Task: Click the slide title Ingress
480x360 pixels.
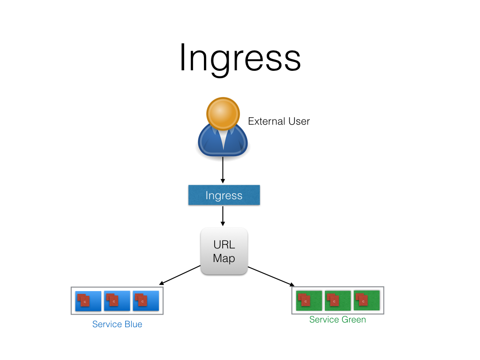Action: pyautogui.click(x=240, y=57)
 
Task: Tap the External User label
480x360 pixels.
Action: pyautogui.click(x=278, y=121)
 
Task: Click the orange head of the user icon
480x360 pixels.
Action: pyautogui.click(x=223, y=114)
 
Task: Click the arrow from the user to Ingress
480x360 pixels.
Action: pyautogui.click(x=223, y=170)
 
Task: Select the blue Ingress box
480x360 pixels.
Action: pyautogui.click(x=224, y=195)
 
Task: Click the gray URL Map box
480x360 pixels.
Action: pyautogui.click(x=224, y=251)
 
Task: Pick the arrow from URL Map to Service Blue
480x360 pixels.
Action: pyautogui.click(x=180, y=275)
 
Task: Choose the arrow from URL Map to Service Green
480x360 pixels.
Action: pyautogui.click(x=271, y=276)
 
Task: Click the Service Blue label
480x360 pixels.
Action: pyautogui.click(x=117, y=324)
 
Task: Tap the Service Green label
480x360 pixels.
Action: pyautogui.click(x=337, y=320)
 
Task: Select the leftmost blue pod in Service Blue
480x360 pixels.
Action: pyautogui.click(x=88, y=301)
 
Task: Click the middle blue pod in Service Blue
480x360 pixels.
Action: pyautogui.click(x=117, y=301)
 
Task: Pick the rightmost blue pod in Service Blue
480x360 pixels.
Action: pyautogui.click(x=146, y=301)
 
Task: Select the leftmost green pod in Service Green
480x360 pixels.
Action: pyautogui.click(x=309, y=300)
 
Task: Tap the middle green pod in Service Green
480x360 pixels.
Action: pyautogui.click(x=337, y=300)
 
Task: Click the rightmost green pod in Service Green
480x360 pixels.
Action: pyautogui.click(x=367, y=300)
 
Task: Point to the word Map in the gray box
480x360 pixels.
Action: pyautogui.click(x=224, y=258)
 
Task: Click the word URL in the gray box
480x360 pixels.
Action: pyautogui.click(x=224, y=245)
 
